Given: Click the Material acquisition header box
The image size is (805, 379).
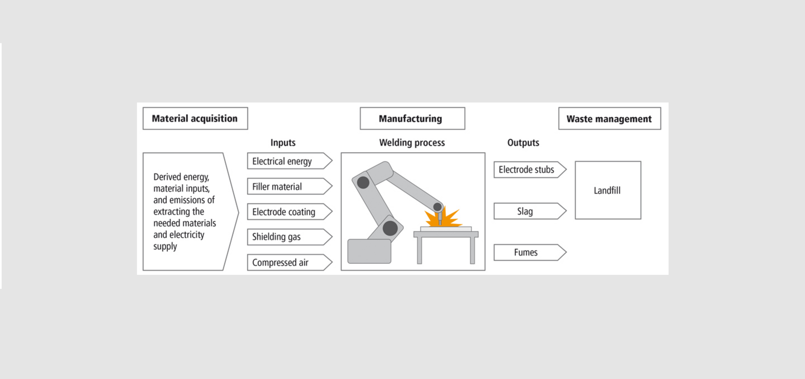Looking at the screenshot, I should click(195, 119).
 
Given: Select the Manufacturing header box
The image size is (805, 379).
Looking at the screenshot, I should click(412, 119).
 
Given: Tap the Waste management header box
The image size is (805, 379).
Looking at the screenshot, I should click(609, 119).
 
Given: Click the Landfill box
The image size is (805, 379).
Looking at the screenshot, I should click(608, 190).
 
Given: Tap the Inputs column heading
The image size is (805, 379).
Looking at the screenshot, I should click(283, 143).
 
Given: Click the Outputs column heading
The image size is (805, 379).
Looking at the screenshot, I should click(523, 143).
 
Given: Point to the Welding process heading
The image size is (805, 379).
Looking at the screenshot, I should click(412, 143).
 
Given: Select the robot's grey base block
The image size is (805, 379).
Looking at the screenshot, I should click(369, 251).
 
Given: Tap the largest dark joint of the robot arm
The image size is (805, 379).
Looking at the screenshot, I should click(390, 228).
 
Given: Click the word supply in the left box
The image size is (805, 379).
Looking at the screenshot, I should click(165, 247).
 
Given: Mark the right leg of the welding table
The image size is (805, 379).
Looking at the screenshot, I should click(473, 250).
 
